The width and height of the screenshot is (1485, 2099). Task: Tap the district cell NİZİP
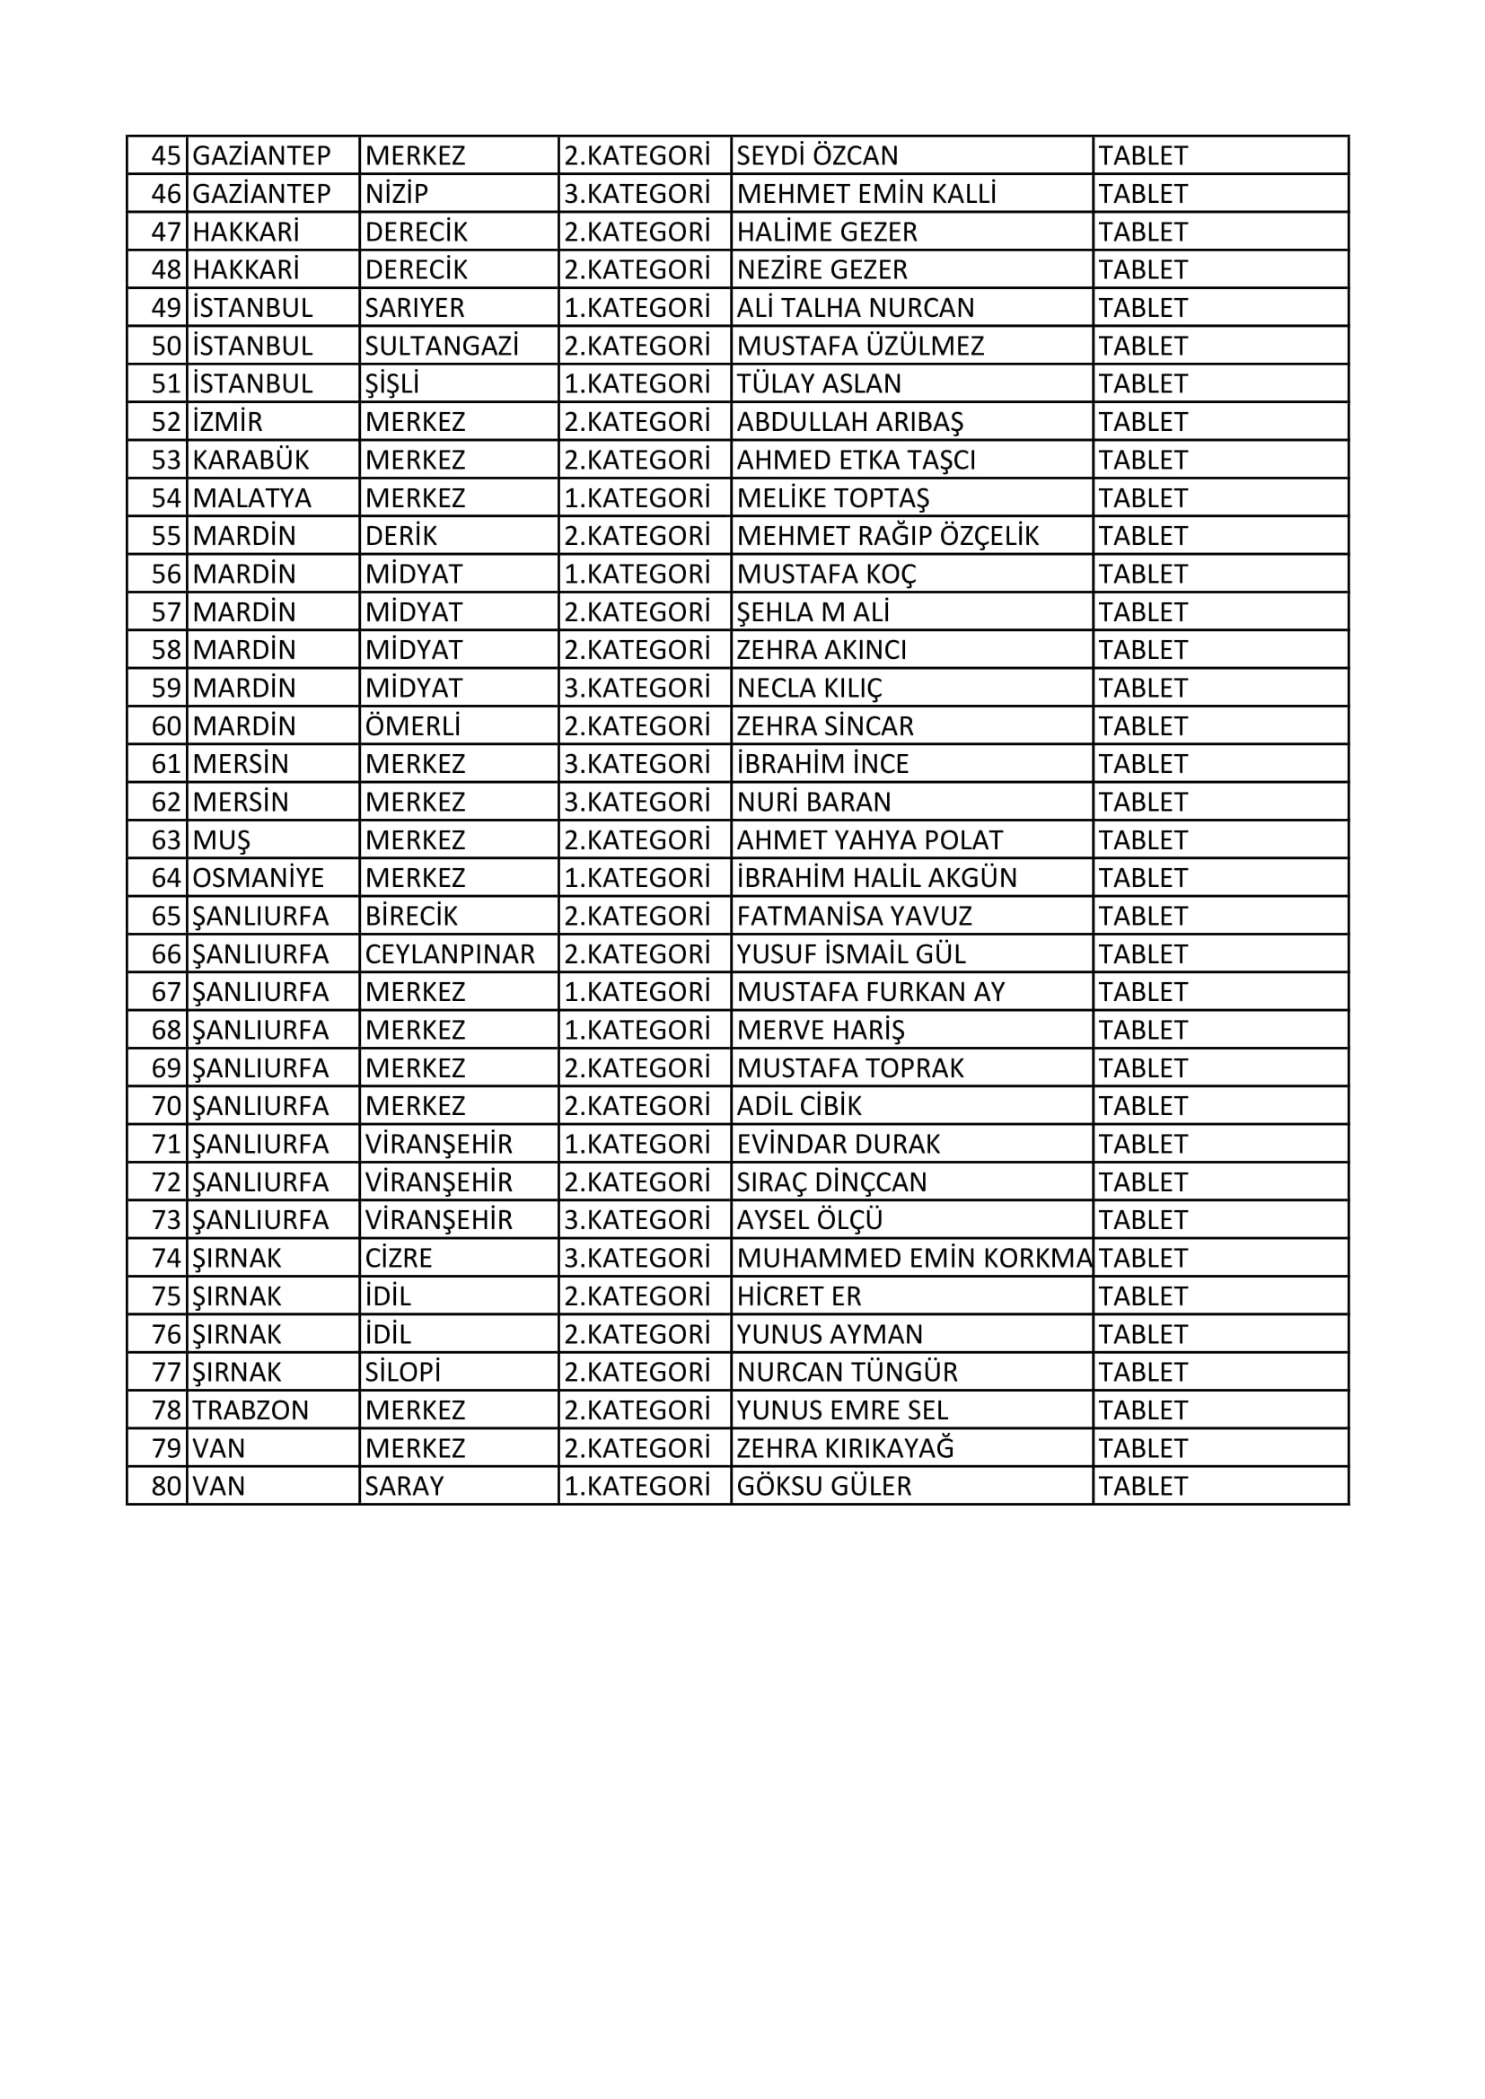tap(397, 194)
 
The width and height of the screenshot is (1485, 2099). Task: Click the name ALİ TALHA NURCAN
tap(856, 308)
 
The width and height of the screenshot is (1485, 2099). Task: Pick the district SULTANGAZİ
tap(442, 346)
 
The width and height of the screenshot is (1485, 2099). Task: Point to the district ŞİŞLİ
tap(392, 384)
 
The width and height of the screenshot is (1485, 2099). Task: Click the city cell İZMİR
tap(228, 422)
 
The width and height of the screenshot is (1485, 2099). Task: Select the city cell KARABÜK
tap(250, 460)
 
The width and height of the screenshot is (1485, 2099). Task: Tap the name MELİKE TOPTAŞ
tap(833, 498)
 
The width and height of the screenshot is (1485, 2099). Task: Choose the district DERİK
tap(401, 536)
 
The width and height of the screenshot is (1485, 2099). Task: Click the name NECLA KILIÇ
tap(809, 688)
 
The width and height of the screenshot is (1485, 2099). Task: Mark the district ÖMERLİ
tap(412, 726)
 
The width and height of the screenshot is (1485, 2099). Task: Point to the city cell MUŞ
tap(221, 840)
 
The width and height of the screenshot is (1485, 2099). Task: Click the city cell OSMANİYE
tap(258, 878)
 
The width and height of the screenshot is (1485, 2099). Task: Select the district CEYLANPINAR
tap(450, 954)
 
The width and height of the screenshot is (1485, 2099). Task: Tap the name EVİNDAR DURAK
tap(839, 1145)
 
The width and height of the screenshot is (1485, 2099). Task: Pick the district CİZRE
tap(399, 1258)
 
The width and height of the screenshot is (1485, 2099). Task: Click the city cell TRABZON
tap(250, 1410)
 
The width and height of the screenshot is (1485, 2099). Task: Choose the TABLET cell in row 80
tap(1143, 1487)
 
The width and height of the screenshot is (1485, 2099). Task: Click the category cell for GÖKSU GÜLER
tap(637, 1487)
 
